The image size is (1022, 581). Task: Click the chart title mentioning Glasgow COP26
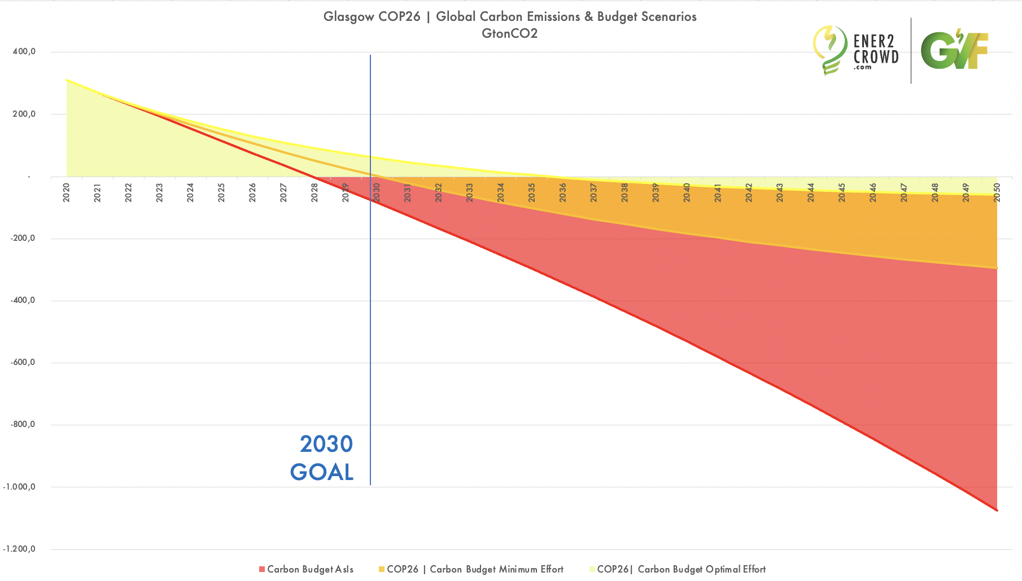point(510,16)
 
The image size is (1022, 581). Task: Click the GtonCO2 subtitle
point(510,33)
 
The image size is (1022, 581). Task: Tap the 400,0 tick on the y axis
point(24,51)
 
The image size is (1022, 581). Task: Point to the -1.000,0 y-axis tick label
point(20,487)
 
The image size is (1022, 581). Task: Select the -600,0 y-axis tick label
point(23,362)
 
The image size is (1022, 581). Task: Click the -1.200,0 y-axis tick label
point(20,549)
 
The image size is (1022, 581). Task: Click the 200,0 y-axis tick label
point(24,114)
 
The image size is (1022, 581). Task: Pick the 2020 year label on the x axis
point(67,193)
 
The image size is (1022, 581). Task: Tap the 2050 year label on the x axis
point(997,193)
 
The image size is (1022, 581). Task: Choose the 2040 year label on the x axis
point(687,193)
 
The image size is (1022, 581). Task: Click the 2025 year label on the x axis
point(221,193)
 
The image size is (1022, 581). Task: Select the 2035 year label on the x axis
point(531,193)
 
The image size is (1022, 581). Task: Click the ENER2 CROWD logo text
point(875,50)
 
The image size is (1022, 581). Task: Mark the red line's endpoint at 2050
point(997,510)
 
